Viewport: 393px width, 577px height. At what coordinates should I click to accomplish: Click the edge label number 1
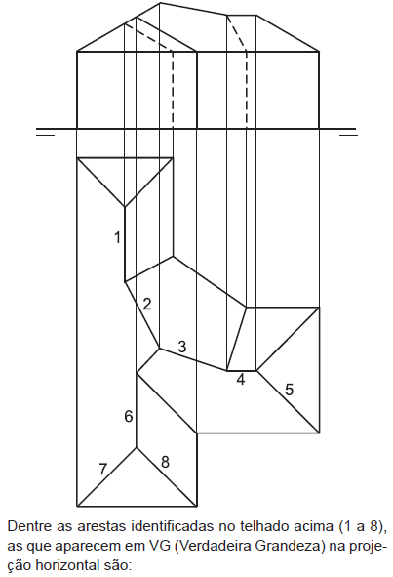[118, 237]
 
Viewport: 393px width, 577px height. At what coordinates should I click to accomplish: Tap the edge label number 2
[146, 305]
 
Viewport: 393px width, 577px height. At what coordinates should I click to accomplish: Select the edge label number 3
[182, 347]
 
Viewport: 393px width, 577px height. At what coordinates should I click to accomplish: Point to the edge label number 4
[241, 380]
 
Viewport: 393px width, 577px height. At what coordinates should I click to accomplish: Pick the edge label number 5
[290, 390]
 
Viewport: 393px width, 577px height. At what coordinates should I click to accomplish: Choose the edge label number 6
[129, 417]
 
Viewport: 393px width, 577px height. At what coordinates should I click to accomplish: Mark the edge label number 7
[103, 470]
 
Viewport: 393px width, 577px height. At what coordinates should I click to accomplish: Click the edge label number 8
[165, 462]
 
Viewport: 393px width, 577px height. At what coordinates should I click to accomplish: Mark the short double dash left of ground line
[45, 132]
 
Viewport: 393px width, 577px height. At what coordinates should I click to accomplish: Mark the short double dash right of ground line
[348, 132]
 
